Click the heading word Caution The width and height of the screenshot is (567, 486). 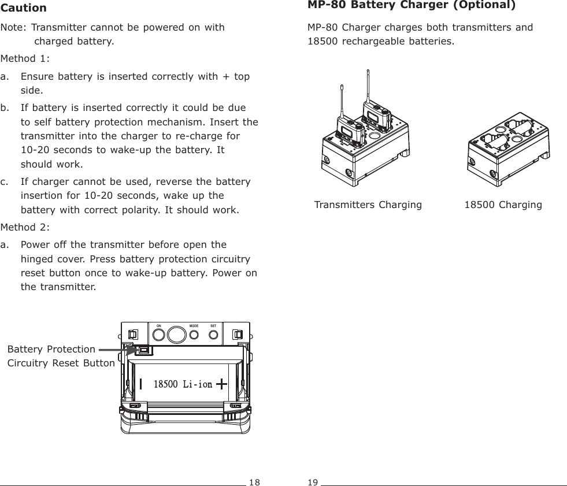click(24, 8)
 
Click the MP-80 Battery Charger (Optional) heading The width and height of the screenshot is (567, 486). click(412, 6)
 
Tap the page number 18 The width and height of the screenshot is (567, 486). click(255, 481)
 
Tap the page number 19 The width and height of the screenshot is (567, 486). click(313, 481)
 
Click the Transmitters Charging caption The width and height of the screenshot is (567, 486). click(368, 205)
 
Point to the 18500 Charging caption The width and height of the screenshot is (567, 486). click(503, 205)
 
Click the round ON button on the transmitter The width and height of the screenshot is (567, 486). click(158, 335)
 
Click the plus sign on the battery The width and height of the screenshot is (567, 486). click(221, 383)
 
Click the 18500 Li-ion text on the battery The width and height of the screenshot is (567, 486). click(183, 384)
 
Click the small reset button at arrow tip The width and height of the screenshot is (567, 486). click(143, 350)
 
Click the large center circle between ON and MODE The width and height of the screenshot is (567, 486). click(175, 335)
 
